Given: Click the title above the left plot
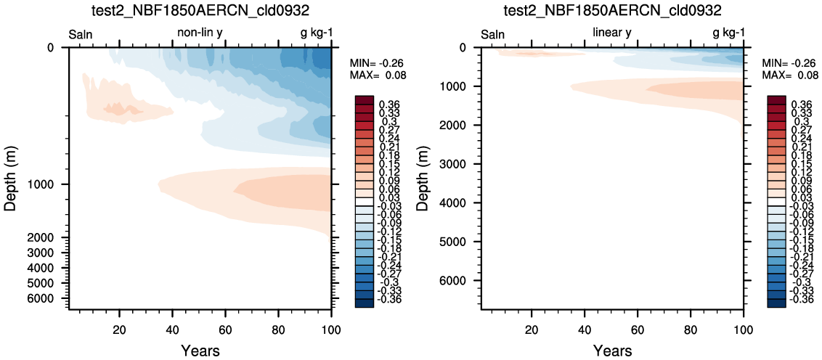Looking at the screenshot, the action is coord(200,10).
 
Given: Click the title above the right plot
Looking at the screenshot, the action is coord(612,10).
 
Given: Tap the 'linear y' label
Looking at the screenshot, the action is coord(612,34).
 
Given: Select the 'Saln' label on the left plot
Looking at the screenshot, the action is coord(80,35).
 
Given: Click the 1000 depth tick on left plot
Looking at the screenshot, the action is coord(50,184).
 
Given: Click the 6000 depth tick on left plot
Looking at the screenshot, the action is coord(50,298).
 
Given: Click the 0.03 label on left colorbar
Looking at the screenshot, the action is coord(388,197).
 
